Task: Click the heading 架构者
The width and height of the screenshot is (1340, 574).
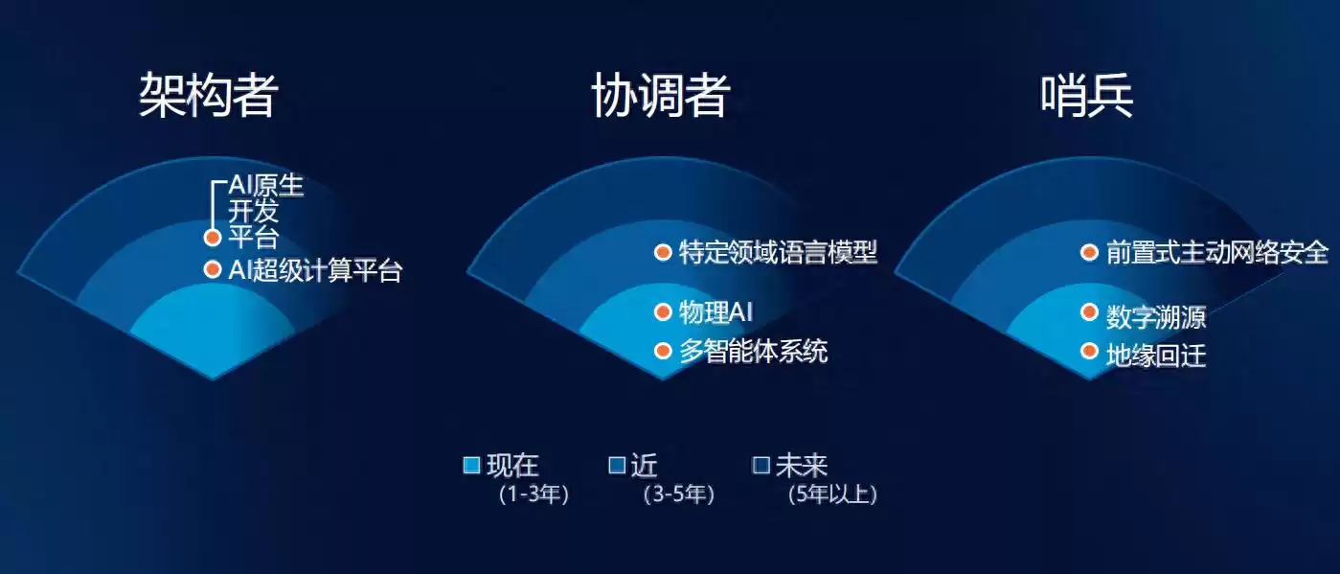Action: coord(209,95)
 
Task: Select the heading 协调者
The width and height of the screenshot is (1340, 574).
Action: coord(660,95)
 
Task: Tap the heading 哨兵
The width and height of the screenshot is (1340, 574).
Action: coord(1087,95)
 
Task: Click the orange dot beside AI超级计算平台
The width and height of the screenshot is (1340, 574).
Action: coord(213,270)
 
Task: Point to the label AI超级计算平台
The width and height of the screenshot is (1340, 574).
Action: coord(315,271)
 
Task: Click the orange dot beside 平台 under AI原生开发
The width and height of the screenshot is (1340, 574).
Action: coord(213,238)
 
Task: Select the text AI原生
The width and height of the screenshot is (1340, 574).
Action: coord(265,186)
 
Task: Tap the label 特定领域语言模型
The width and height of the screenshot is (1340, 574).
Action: coord(778,253)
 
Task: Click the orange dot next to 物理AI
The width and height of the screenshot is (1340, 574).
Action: coord(663,311)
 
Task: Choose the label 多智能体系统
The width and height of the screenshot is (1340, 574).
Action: coord(753,352)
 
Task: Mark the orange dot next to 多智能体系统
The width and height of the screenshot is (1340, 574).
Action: coord(663,352)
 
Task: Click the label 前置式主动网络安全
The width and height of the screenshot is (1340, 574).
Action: coord(1216,253)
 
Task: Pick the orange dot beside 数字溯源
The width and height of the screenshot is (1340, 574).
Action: coord(1089,312)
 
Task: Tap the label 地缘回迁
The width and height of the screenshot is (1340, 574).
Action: coord(1155,356)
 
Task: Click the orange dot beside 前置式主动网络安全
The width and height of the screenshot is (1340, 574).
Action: coord(1089,253)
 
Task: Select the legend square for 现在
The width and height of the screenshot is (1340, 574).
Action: coord(471,466)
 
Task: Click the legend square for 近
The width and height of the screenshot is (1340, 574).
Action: coord(618,466)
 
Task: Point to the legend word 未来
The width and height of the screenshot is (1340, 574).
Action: coord(801,466)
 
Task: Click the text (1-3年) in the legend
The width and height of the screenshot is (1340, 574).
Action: coord(534,495)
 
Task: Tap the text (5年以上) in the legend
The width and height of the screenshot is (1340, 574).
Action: coord(831,495)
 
